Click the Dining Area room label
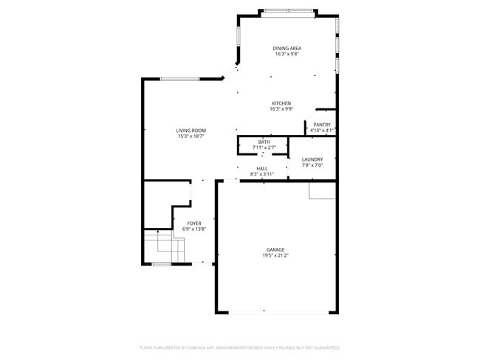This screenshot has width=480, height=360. click(x=288, y=49)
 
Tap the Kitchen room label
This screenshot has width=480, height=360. click(x=281, y=103)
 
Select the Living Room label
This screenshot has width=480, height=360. click(x=191, y=131)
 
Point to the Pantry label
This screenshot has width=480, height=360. click(x=322, y=125)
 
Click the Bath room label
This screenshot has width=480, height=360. click(x=264, y=142)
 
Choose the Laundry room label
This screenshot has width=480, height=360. click(x=312, y=159)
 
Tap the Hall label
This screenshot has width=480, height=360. click(x=261, y=168)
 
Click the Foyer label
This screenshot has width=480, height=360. click(x=194, y=223)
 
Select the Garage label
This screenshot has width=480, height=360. click(x=275, y=249)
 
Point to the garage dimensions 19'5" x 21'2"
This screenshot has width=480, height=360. click(x=275, y=255)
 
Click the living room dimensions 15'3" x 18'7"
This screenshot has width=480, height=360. click(x=191, y=136)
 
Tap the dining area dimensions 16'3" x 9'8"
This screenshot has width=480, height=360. click(x=288, y=55)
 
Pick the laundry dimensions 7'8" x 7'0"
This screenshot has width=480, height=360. click(x=312, y=165)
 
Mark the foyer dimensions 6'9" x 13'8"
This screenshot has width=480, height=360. click(x=194, y=229)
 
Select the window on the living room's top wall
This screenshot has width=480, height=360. click(x=180, y=80)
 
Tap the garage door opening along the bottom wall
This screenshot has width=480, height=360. click(x=277, y=312)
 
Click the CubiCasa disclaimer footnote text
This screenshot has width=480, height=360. click(x=240, y=347)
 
